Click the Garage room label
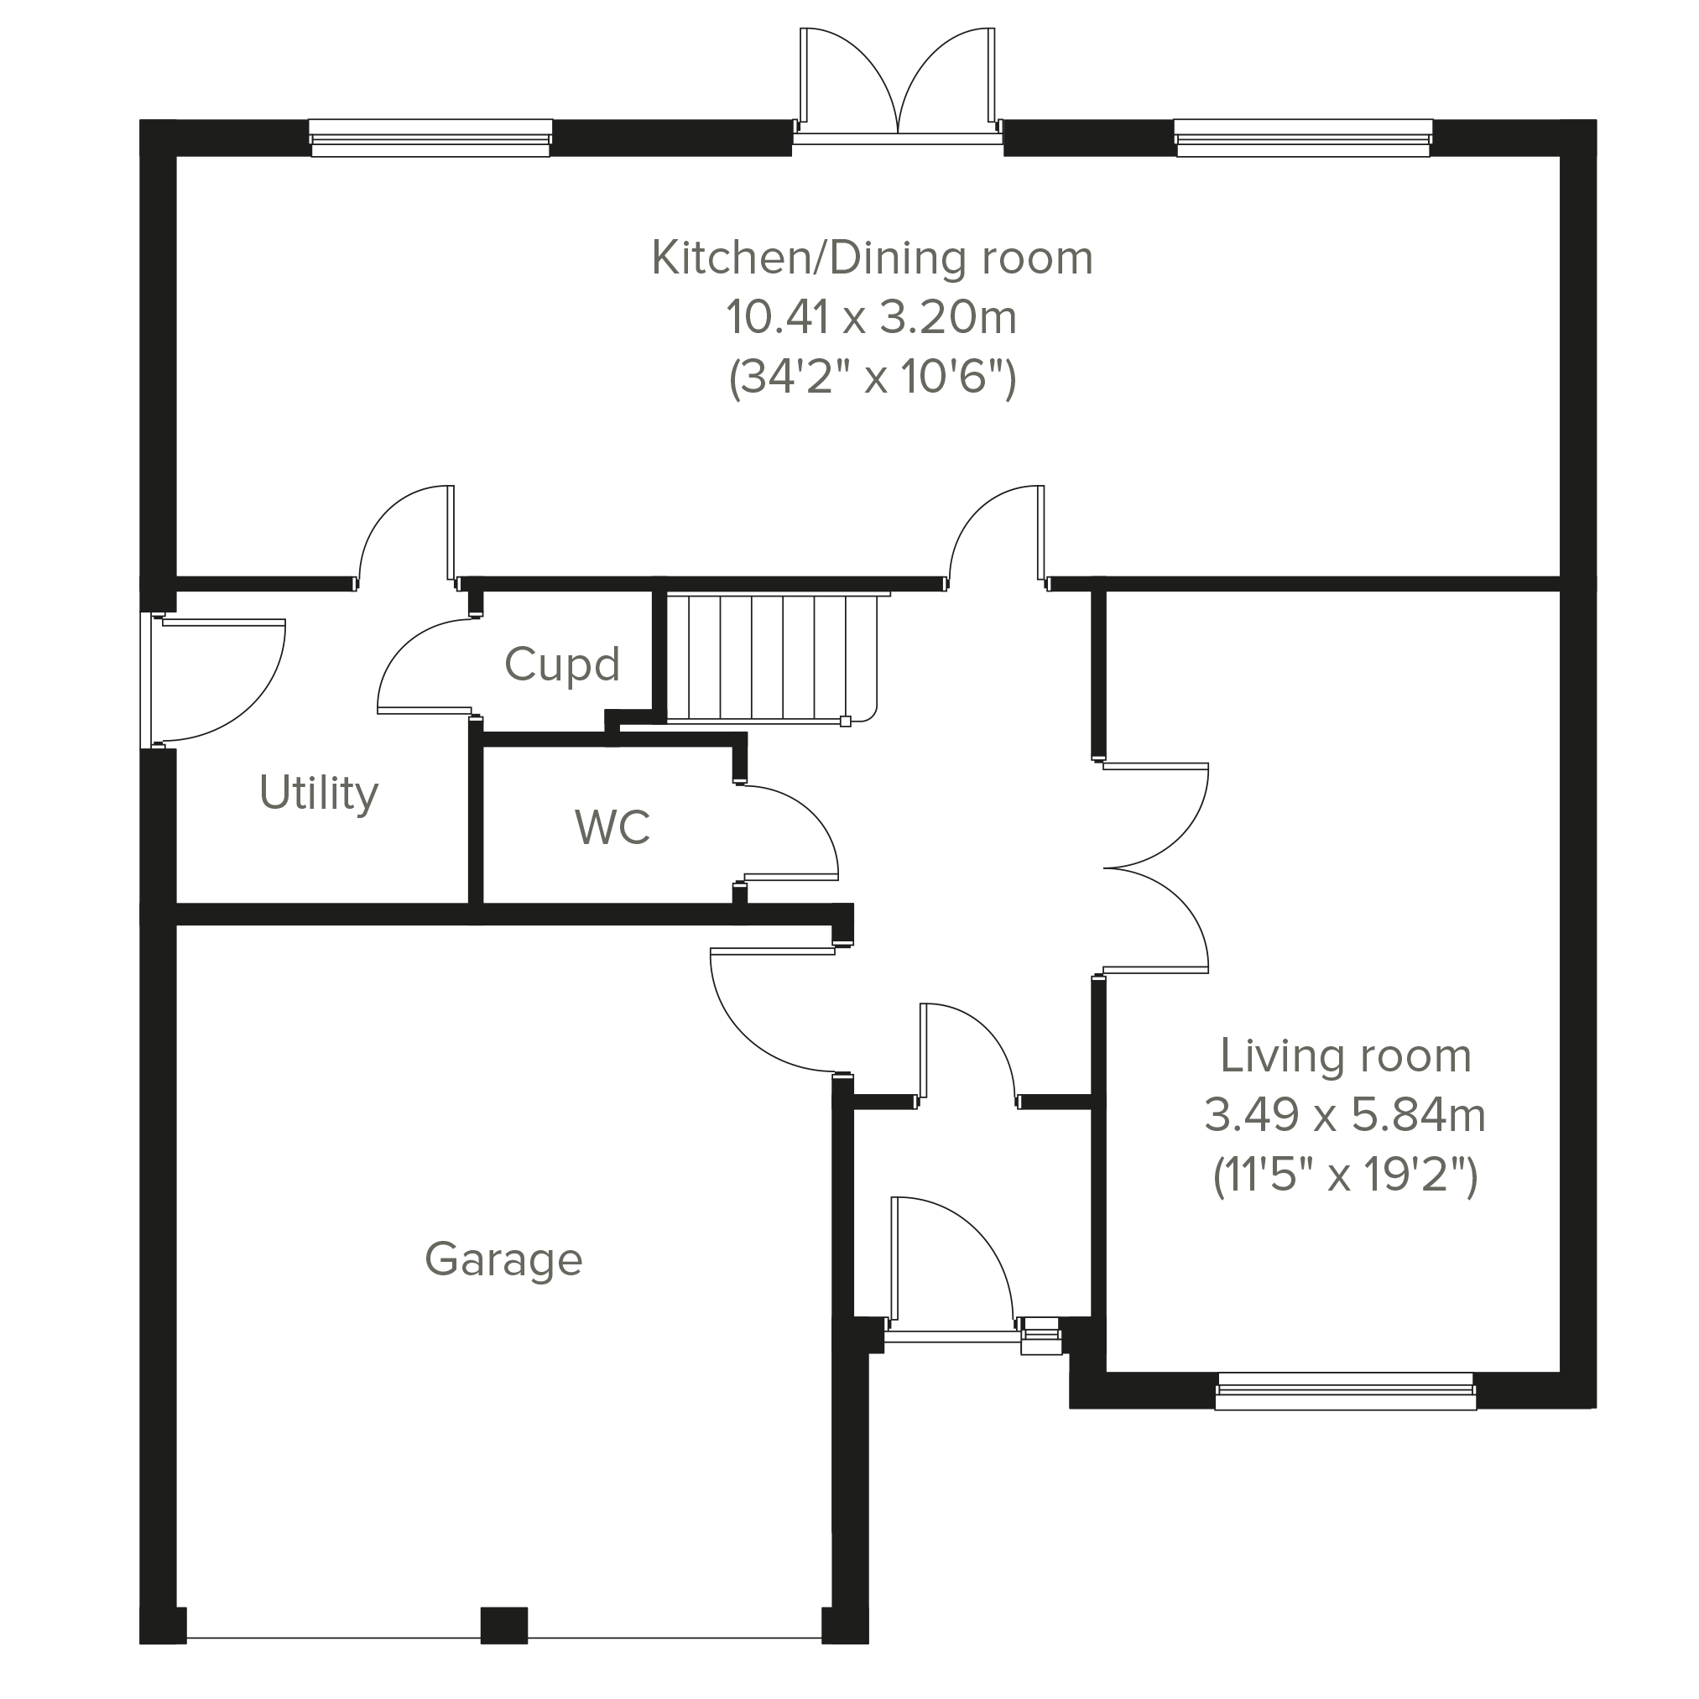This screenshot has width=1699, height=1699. pyautogui.click(x=503, y=1260)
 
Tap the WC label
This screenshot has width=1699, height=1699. pyautogui.click(x=613, y=826)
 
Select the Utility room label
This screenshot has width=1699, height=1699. pyautogui.click(x=318, y=793)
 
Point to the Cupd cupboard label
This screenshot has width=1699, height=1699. pyautogui.click(x=562, y=664)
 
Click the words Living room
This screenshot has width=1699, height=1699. pyautogui.click(x=1346, y=1056)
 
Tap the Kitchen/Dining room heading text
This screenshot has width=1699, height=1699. pyautogui.click(x=872, y=258)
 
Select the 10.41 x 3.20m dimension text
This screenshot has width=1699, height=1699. pyautogui.click(x=872, y=316)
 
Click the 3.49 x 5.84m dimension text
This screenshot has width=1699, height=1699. pyautogui.click(x=1345, y=1115)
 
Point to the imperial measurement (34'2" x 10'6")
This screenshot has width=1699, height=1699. pyautogui.click(x=873, y=378)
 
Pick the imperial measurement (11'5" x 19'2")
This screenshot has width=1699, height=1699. pyautogui.click(x=1345, y=1175)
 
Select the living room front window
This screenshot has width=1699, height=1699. pyautogui.click(x=1346, y=1390)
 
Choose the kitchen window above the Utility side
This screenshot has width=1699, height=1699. pyautogui.click(x=431, y=138)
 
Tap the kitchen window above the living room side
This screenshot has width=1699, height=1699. pyautogui.click(x=1303, y=138)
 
